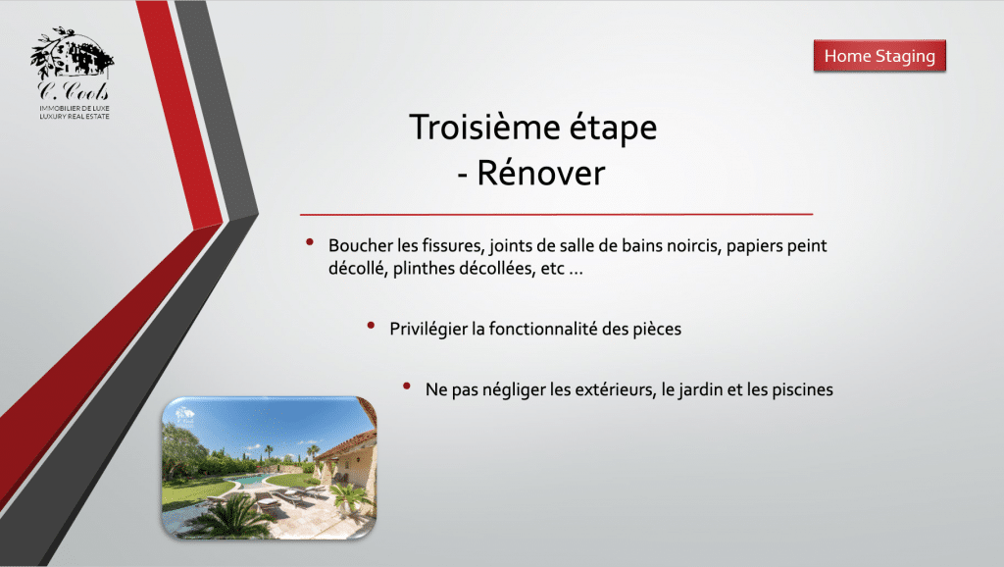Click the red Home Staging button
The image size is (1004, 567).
click(x=879, y=56)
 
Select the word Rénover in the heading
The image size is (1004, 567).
click(x=541, y=173)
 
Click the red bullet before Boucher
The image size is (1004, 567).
click(x=310, y=242)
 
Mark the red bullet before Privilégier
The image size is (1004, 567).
click(x=371, y=326)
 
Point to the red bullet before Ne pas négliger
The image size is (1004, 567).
click(x=407, y=386)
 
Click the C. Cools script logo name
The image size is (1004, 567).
click(x=73, y=90)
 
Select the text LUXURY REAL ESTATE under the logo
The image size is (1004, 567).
click(x=75, y=117)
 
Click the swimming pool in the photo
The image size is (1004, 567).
click(x=253, y=480)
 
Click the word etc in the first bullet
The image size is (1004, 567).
click(x=552, y=269)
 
